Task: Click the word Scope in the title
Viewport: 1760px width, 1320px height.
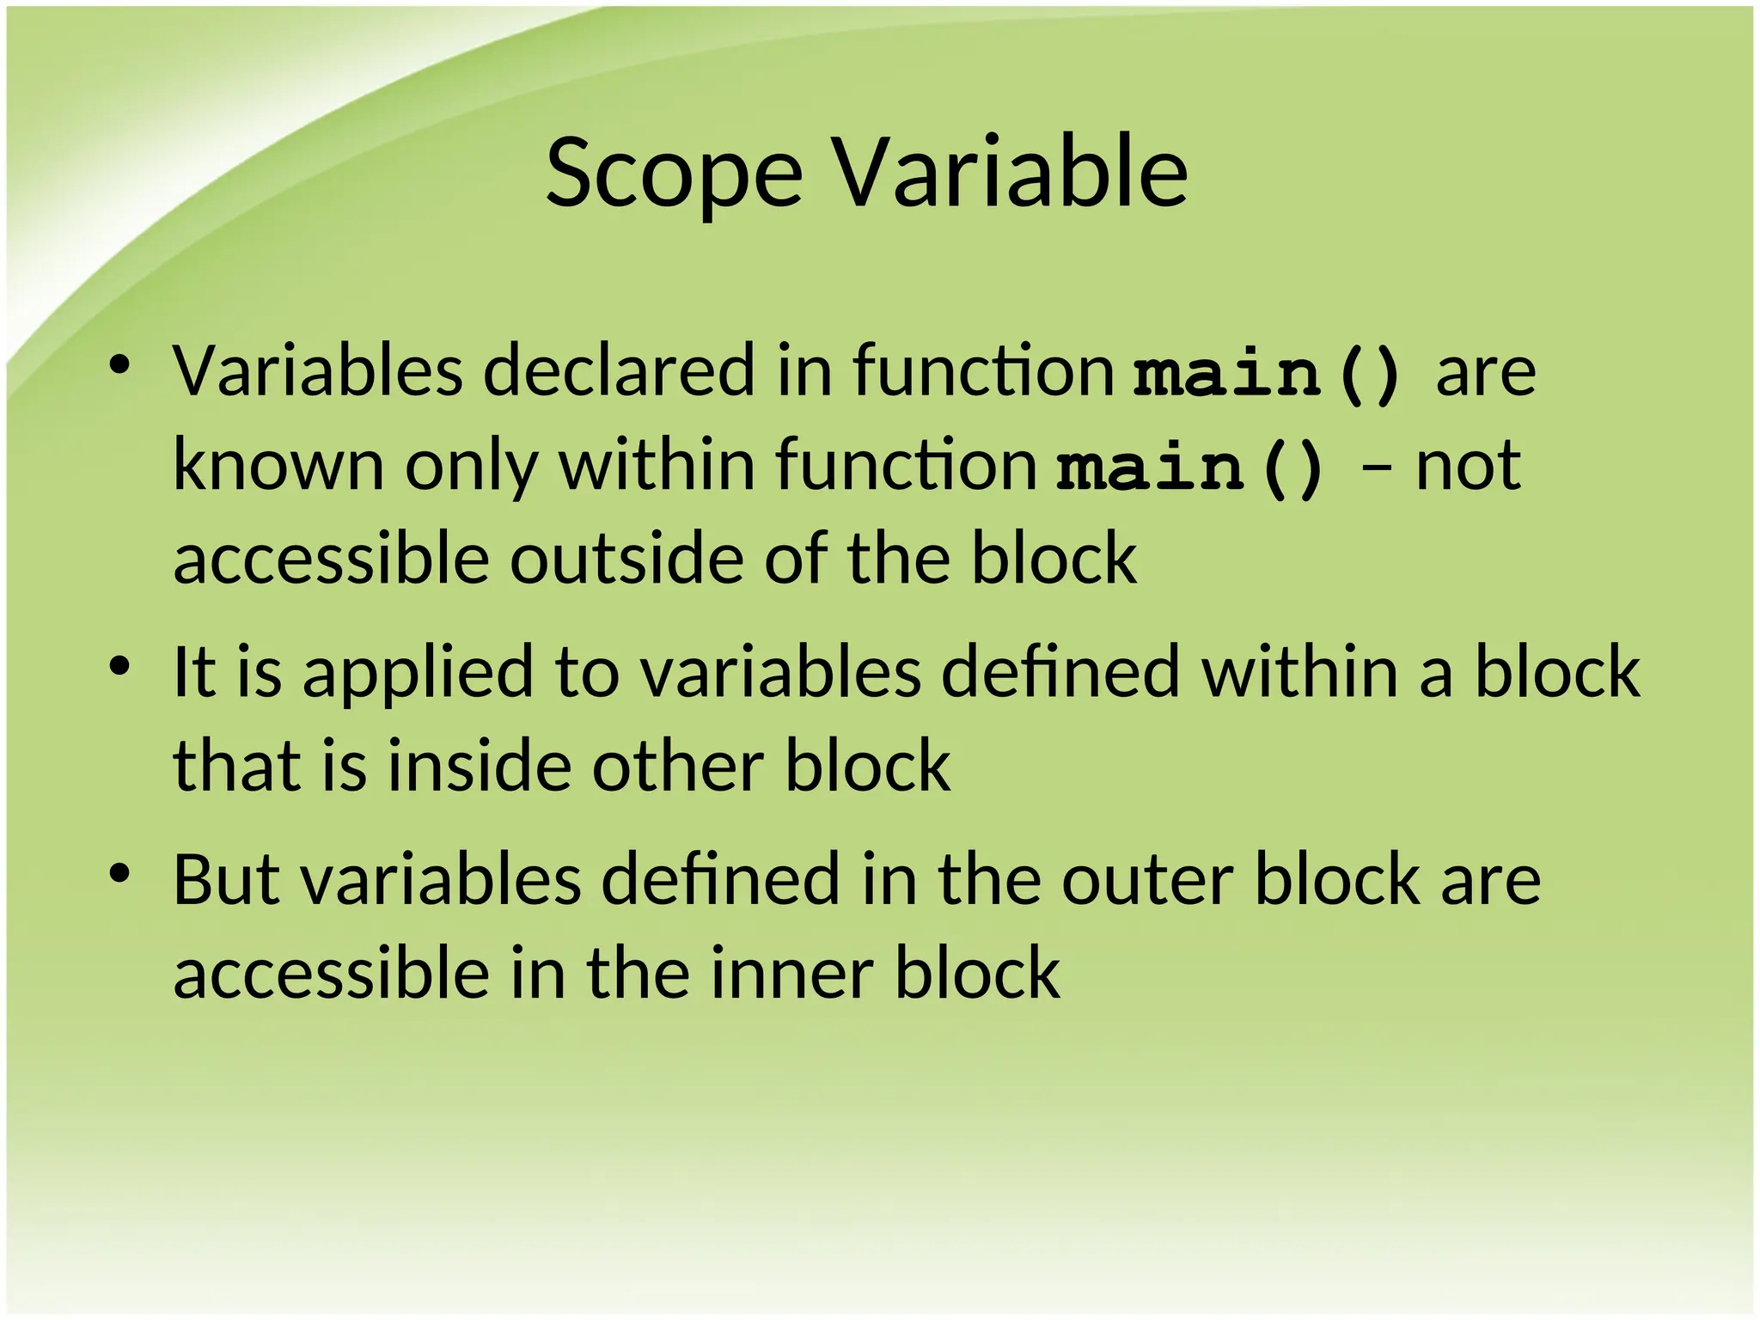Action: point(675,174)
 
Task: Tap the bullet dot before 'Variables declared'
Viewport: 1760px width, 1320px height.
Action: point(119,364)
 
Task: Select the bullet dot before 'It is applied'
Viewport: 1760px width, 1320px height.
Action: point(119,665)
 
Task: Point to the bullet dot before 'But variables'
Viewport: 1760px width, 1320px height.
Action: point(119,873)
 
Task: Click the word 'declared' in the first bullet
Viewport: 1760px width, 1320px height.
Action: point(619,371)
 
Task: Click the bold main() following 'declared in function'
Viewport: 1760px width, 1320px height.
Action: point(1268,375)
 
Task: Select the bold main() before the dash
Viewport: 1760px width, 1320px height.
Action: point(1191,469)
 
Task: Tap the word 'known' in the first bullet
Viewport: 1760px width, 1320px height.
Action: point(278,465)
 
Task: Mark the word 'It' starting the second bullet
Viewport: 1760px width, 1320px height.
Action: point(192,672)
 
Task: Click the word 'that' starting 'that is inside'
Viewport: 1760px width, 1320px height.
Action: point(238,766)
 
